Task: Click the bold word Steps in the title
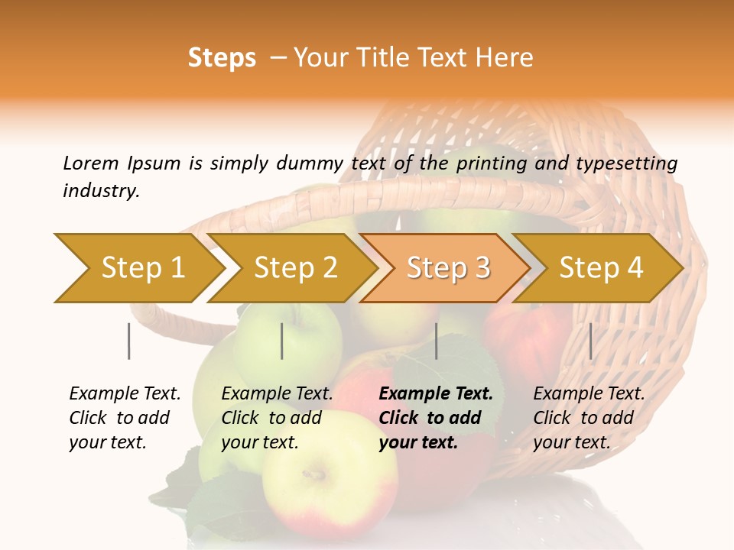(222, 58)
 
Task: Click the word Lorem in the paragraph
(91, 163)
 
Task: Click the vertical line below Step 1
(128, 341)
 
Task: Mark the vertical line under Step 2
(282, 341)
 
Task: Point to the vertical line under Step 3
(436, 341)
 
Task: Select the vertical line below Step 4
(590, 341)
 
